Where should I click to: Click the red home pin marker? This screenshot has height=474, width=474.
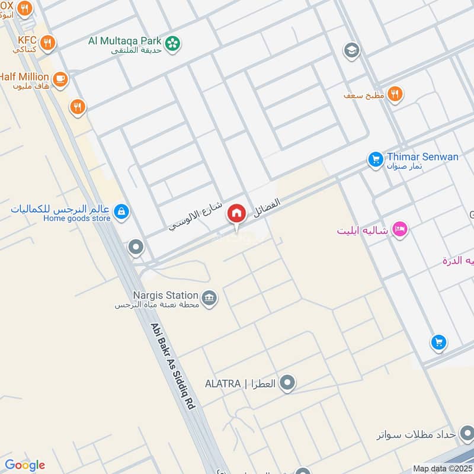coord(236,214)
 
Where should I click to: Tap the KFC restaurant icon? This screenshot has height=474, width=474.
coord(49,43)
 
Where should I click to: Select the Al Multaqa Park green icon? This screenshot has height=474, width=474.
coord(172,43)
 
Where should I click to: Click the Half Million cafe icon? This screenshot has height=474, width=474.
coord(60,79)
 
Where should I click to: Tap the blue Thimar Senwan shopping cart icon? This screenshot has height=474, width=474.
coord(374,159)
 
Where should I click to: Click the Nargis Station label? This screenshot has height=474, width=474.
coord(165,295)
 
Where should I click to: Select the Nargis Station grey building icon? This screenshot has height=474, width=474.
coord(209,297)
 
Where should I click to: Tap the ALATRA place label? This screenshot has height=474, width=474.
coord(240,383)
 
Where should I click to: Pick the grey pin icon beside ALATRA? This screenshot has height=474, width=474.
coord(287,383)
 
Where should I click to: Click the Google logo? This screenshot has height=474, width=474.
coord(24,465)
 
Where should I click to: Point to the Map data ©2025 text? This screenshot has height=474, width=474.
coord(443,468)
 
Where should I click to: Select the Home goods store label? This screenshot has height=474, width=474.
coord(76,218)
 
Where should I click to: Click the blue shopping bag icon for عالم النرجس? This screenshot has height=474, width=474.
coord(121,212)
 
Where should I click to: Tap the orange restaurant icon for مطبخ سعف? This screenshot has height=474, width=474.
coord(395,94)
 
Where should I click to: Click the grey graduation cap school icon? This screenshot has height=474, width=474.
coord(351,50)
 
